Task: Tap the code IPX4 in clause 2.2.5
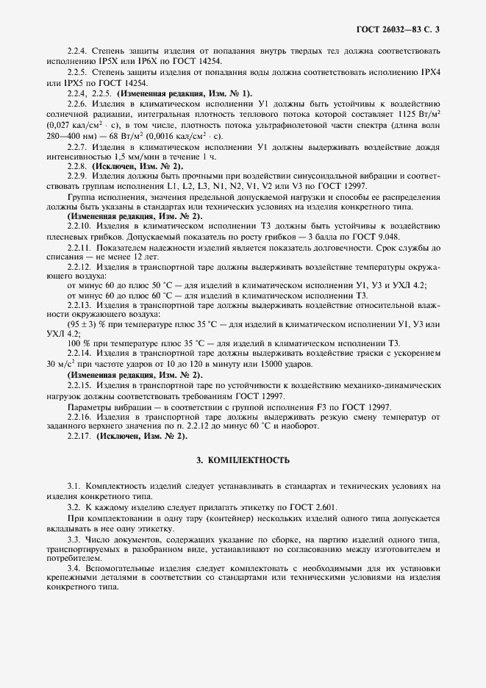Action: [x=429, y=74]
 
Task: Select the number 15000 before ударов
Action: [x=259, y=365]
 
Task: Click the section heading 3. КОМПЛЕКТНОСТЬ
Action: [x=243, y=461]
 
